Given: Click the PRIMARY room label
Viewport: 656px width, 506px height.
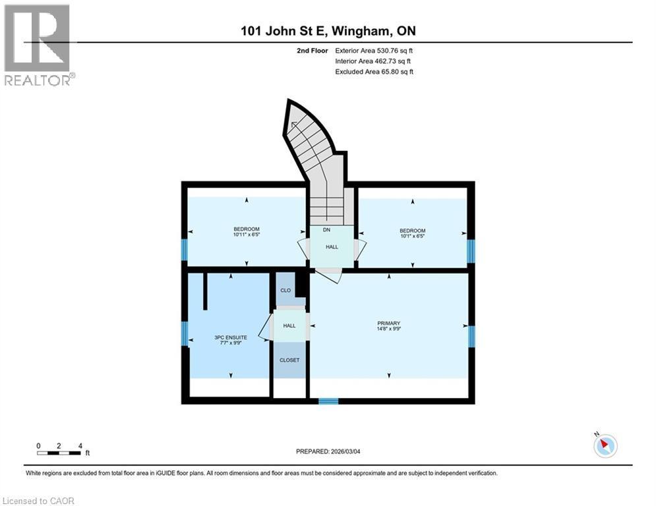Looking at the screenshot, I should [x=389, y=323].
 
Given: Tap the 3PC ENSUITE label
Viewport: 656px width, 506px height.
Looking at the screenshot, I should [x=230, y=337].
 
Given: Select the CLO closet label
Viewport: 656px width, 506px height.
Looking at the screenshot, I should [x=285, y=290].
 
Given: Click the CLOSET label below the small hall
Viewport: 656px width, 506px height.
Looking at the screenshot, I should [x=289, y=360].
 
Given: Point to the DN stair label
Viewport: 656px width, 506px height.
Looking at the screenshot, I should [x=326, y=231].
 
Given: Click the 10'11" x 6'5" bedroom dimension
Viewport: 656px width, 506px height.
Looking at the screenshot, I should [x=246, y=235].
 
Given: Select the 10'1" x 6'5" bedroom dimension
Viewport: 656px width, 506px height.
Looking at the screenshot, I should [x=412, y=235].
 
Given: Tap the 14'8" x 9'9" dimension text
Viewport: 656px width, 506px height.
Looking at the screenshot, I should [x=389, y=328].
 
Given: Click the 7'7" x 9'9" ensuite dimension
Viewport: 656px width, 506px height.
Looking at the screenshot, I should [x=230, y=343].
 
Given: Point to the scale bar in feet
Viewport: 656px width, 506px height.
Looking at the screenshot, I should [x=59, y=452].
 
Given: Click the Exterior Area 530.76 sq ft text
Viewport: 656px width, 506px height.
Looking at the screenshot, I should [x=374, y=50].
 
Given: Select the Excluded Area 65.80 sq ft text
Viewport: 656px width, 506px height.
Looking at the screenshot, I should [x=374, y=72].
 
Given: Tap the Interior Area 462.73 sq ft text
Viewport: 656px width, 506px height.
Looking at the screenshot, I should [x=374, y=61].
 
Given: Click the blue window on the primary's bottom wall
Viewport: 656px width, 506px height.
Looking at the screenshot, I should [x=328, y=400].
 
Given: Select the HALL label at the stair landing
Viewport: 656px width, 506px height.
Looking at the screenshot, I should [x=332, y=247].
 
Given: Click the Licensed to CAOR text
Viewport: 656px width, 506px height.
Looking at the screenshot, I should [x=39, y=501].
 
